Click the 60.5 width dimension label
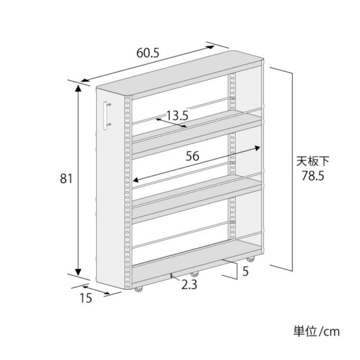point(147,53)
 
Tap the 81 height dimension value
point(66,178)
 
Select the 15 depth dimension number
point(86,298)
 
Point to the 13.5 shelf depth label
point(177,115)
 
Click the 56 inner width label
point(192,156)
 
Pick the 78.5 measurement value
point(313,176)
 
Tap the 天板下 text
point(313,161)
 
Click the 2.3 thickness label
point(189,285)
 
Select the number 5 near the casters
point(245,271)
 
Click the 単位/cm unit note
point(316,331)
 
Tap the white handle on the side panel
point(106,115)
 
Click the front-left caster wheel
point(138,289)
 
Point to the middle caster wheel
point(194,274)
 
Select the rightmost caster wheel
point(250,259)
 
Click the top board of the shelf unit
point(179,74)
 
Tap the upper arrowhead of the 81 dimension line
point(78,89)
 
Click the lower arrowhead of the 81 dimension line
point(78,271)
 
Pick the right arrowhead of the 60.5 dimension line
point(210,47)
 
